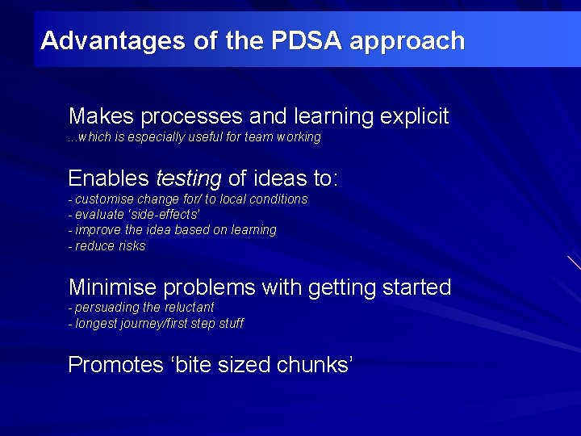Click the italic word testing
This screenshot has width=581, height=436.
click(188, 178)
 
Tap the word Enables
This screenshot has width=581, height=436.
click(109, 178)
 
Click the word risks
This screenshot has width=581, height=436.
click(132, 246)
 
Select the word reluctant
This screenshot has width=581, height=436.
click(190, 308)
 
